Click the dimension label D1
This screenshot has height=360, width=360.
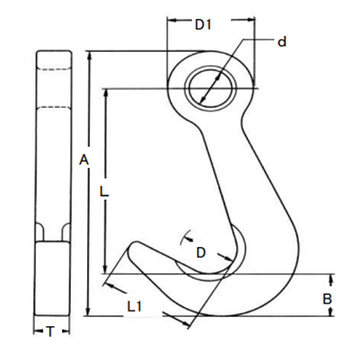click(202, 25)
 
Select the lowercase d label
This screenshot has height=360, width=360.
click(282, 42)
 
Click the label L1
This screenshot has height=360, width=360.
click(134, 306)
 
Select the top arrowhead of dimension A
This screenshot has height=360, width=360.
click(89, 54)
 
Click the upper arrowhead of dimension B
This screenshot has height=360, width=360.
click(331, 277)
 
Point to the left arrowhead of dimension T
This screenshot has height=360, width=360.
click(37, 331)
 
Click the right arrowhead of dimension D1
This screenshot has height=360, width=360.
click(253, 20)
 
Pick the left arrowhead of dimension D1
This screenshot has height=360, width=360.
click(170, 20)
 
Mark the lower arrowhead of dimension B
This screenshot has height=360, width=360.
click(331, 313)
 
